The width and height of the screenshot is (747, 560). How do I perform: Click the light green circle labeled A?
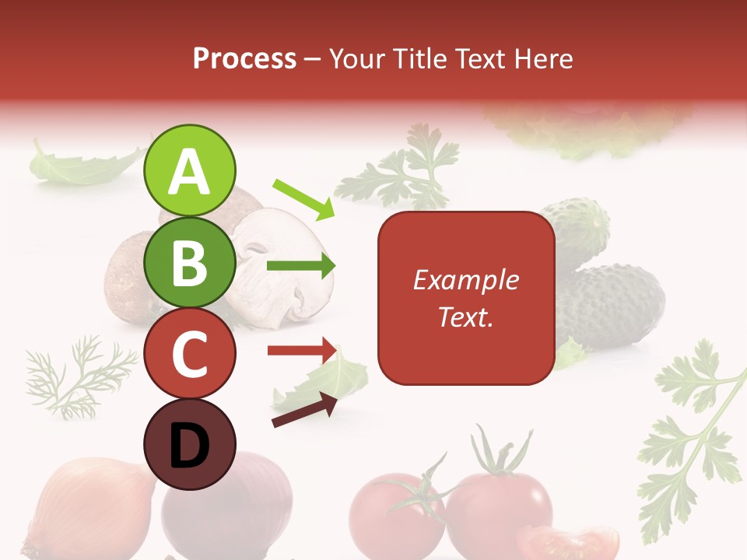[189, 171]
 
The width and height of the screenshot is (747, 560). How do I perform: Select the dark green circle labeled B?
[189, 262]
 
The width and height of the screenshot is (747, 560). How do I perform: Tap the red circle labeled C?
[189, 354]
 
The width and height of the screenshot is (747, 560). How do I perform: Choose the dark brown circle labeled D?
[189, 445]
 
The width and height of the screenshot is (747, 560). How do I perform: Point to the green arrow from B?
[301, 266]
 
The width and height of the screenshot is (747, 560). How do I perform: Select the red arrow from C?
[302, 351]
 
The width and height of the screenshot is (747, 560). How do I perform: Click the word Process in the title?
[244, 58]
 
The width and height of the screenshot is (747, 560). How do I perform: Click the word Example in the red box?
[466, 280]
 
